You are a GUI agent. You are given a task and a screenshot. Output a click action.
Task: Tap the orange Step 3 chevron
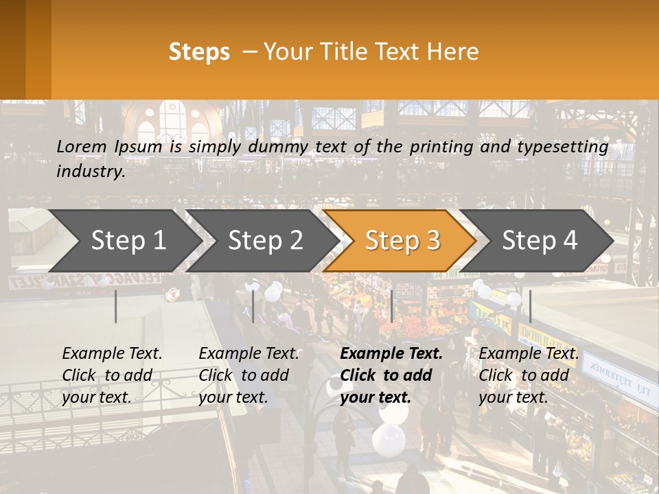click(402, 241)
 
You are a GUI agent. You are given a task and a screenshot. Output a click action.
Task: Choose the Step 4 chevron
click(540, 241)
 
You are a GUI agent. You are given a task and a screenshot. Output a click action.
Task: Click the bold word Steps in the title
click(199, 52)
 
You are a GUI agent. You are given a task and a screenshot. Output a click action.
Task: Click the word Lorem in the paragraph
click(82, 146)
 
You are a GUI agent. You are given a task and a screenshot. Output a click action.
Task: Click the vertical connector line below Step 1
click(116, 306)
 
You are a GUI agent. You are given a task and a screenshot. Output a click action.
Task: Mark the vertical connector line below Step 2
click(253, 306)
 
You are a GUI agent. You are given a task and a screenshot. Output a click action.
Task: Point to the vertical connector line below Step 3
click(391, 306)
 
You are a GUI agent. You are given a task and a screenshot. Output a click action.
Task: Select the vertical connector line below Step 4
click(530, 306)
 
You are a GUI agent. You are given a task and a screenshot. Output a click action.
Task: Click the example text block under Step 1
click(112, 375)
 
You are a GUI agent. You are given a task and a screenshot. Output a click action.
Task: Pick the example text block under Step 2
click(248, 375)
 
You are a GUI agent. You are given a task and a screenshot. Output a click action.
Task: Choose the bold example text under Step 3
click(391, 375)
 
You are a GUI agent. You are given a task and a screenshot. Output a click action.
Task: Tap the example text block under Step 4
click(529, 375)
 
